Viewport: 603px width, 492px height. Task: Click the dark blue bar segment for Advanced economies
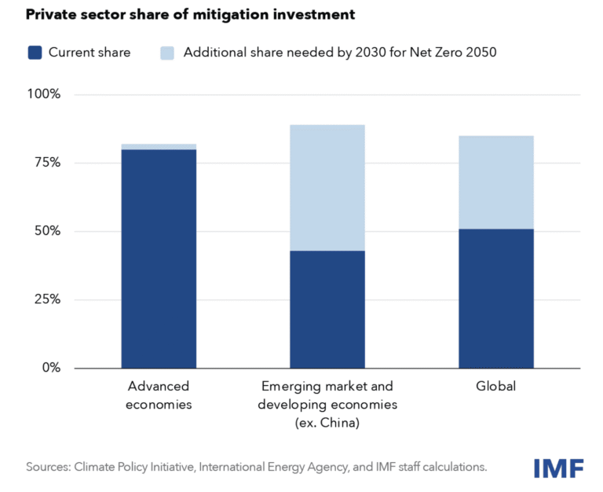[x=159, y=259]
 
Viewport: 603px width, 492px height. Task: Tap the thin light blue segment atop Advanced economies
[x=159, y=147]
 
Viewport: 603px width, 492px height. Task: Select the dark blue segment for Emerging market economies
[x=327, y=309]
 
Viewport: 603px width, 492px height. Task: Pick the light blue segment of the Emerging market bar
[x=327, y=188]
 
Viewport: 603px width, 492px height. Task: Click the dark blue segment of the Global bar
[x=496, y=298]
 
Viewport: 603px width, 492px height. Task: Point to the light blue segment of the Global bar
[x=496, y=182]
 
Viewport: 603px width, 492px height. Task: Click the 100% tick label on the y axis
[x=44, y=94]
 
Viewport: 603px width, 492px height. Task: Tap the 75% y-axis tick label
[x=47, y=163]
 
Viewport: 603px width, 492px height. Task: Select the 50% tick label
[x=47, y=231]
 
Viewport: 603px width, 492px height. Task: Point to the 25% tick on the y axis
[x=47, y=299]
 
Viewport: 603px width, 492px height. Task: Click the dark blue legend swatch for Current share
[x=35, y=53]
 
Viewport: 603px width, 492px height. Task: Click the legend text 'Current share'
[x=90, y=53]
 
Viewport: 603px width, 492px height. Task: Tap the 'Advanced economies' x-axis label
[x=159, y=395]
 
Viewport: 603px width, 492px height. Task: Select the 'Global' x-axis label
[x=496, y=387]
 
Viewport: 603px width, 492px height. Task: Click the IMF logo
[x=558, y=468]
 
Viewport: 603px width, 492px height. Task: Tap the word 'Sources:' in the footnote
[x=48, y=467]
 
